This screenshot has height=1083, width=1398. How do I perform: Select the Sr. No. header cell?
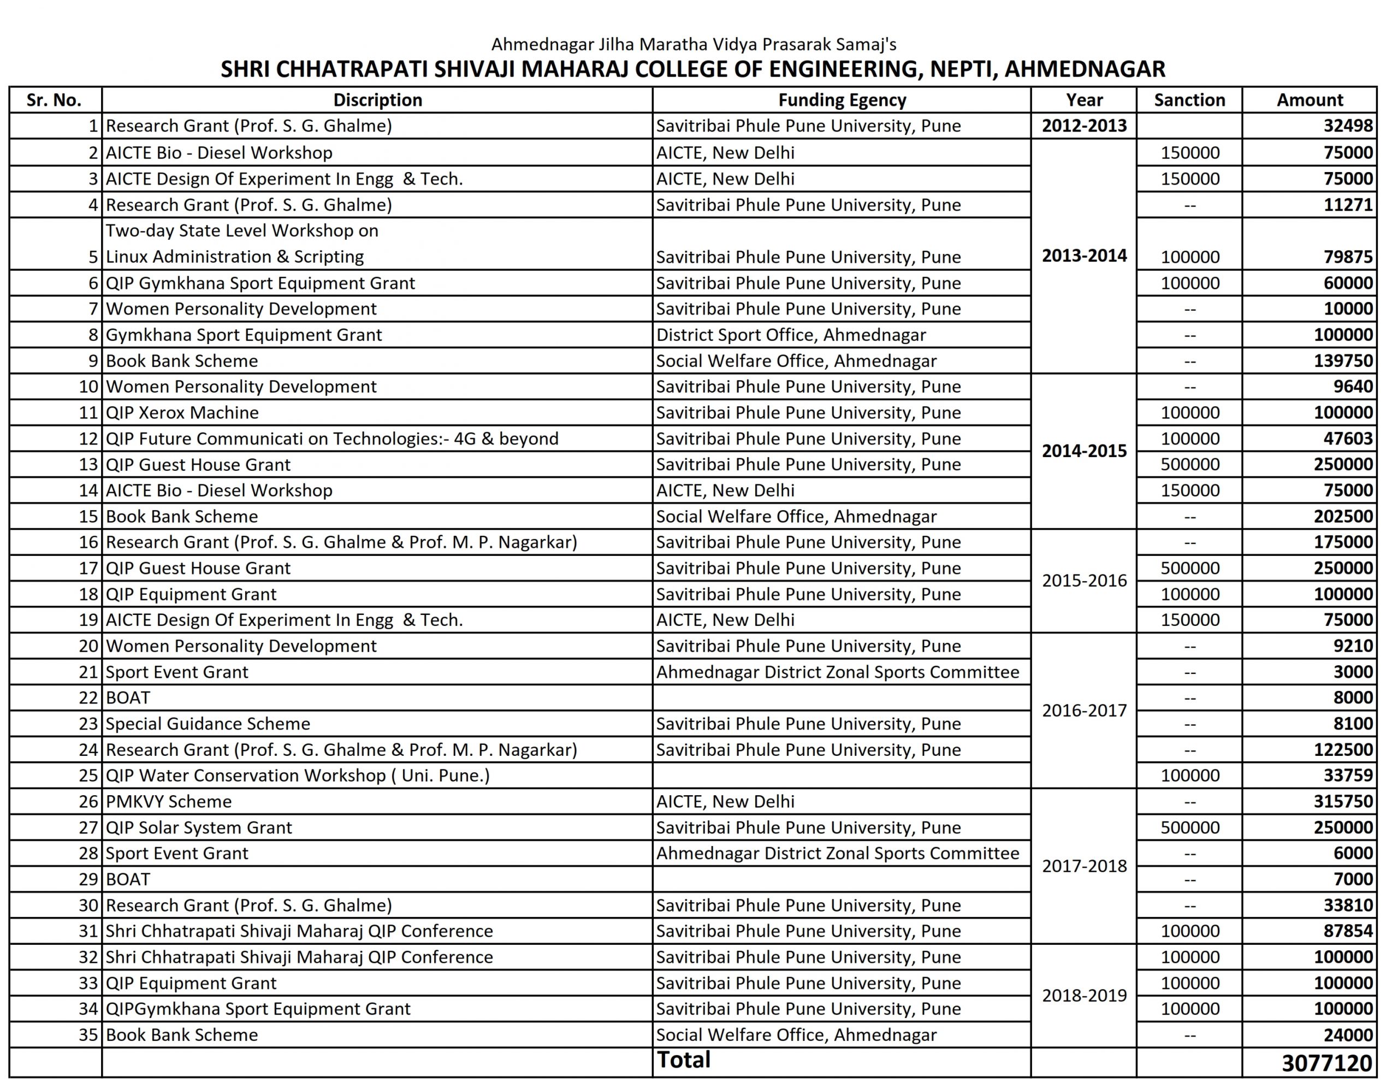pyautogui.click(x=55, y=100)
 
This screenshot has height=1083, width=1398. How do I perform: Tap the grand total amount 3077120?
pyautogui.click(x=1327, y=1063)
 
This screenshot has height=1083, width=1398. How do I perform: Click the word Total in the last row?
pyautogui.click(x=684, y=1061)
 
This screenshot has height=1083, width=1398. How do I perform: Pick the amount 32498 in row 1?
pyautogui.click(x=1348, y=126)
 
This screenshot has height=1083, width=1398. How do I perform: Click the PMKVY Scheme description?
pyautogui.click(x=169, y=801)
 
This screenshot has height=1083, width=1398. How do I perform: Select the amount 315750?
pyautogui.click(x=1343, y=801)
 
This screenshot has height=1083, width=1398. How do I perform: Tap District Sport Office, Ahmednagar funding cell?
pyautogui.click(x=791, y=335)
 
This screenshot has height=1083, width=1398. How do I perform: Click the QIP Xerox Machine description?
pyautogui.click(x=182, y=413)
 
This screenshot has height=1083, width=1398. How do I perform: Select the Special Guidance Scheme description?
pyautogui.click(x=208, y=724)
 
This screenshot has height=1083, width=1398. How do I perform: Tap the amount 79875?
pyautogui.click(x=1348, y=257)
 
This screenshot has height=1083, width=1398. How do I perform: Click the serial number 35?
pyautogui.click(x=88, y=1035)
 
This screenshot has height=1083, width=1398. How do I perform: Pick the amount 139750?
pyautogui.click(x=1343, y=361)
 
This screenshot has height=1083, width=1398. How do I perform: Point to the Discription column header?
pyautogui.click(x=378, y=100)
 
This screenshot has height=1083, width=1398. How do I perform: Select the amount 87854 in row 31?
pyautogui.click(x=1348, y=931)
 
